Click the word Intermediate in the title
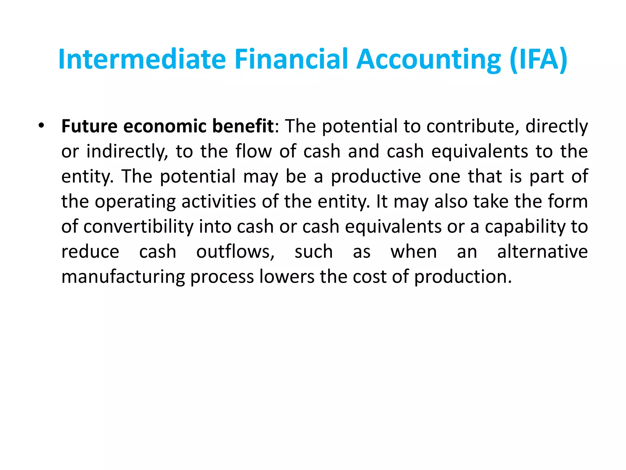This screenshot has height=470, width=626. pyautogui.click(x=142, y=59)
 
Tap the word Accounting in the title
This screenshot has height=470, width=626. pyautogui.click(x=429, y=59)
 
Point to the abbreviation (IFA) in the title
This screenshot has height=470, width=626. pyautogui.click(x=539, y=59)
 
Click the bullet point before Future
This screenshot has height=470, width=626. pyautogui.click(x=41, y=126)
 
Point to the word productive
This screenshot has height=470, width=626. pyautogui.click(x=376, y=177)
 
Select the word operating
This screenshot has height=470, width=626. pyautogui.click(x=135, y=202)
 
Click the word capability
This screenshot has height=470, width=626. pyautogui.click(x=525, y=227)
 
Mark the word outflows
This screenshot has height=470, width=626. pyautogui.click(x=235, y=252)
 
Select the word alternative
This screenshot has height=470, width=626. pyautogui.click(x=542, y=252)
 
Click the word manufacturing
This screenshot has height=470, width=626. pyautogui.click(x=123, y=277)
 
